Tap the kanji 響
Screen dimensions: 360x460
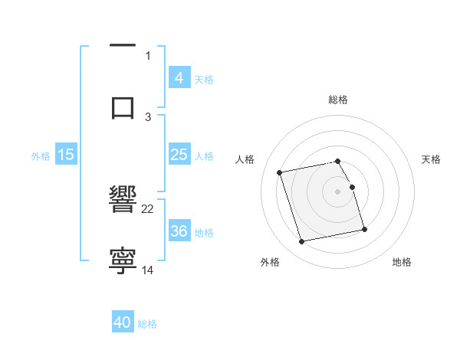point(123,200)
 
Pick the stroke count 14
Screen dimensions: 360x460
point(148,270)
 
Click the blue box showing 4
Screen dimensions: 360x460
point(179,78)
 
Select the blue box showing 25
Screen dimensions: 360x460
point(179,155)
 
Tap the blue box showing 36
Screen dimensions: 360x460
point(179,231)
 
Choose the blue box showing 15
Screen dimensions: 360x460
point(66,155)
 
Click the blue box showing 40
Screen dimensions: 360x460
point(123,322)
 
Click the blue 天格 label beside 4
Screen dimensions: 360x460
point(204,79)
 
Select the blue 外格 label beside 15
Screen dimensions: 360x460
point(41,155)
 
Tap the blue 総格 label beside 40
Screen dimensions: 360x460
point(147,323)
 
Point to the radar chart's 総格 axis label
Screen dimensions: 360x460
point(338,100)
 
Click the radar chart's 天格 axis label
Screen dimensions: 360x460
point(431,159)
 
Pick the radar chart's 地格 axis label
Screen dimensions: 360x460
point(402,263)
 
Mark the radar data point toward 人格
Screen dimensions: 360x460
point(280,172)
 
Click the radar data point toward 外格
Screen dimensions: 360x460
point(302,242)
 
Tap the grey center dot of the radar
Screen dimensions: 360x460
point(338,191)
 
